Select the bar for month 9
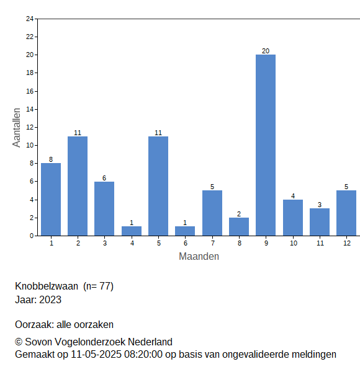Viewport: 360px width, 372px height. coord(266,145)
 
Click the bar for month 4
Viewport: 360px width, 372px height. coord(132,231)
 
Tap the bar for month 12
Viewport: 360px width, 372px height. coord(346,213)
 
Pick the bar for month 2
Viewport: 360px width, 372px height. coord(78,186)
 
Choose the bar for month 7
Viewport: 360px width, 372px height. coord(212,213)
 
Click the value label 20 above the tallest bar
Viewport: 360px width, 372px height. coord(266,51)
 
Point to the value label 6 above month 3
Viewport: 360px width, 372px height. coord(104,178)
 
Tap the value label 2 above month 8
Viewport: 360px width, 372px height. coord(239,214)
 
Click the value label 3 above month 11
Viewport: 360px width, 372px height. coord(320,205)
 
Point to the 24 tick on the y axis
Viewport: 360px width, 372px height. coord(30,19)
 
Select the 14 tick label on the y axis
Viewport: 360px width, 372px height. coord(30,109)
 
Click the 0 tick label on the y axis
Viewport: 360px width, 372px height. coord(32,236)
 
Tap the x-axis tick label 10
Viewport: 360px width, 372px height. coord(293,243)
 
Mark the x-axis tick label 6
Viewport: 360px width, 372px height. coord(186,243)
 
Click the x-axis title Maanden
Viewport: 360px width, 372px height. coord(199,257)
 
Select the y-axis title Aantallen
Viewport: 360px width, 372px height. coord(17,128)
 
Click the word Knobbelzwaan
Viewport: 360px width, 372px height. coord(47,286)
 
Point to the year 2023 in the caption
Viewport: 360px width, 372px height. coord(50,300)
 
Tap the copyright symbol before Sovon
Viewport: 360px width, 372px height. coord(19,342)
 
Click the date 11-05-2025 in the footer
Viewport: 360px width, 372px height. coord(96,355)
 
